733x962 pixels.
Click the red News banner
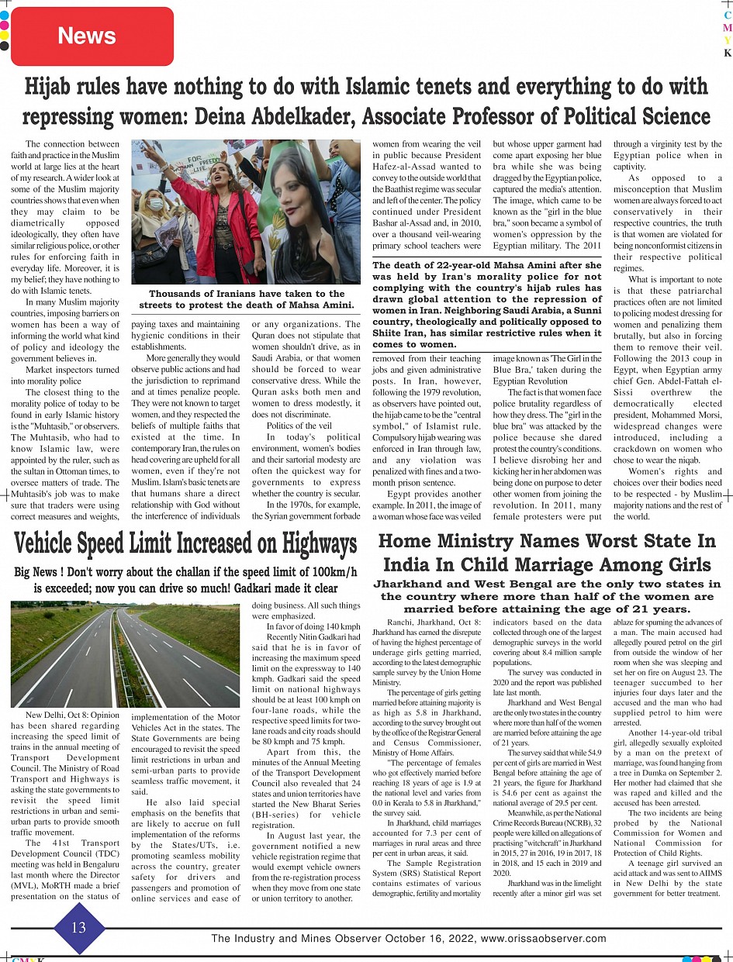[x=87, y=36]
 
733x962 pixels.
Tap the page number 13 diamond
[x=78, y=927]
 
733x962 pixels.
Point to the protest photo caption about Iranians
[x=246, y=299]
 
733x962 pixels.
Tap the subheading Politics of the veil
[x=299, y=426]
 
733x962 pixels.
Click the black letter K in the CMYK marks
[x=728, y=53]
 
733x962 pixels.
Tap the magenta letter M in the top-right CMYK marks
[x=728, y=27]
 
